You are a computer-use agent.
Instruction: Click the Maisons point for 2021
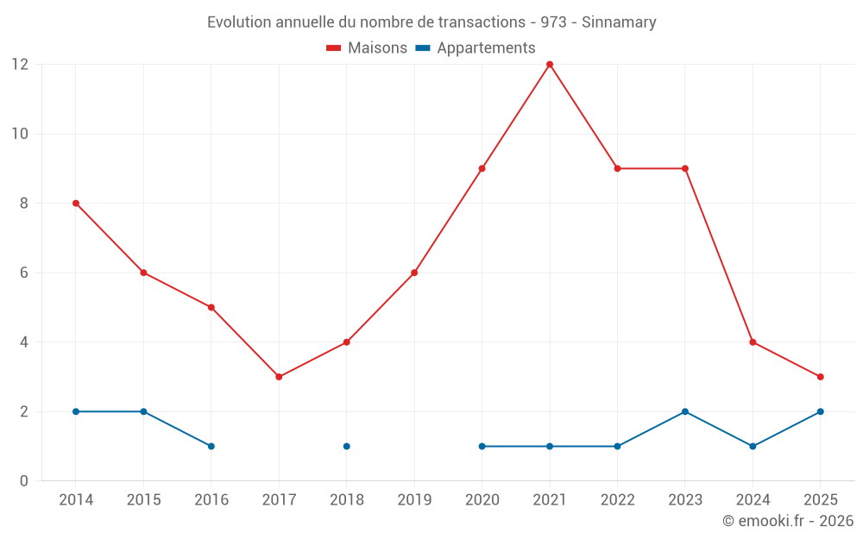(550, 65)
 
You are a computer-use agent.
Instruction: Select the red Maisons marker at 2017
(279, 377)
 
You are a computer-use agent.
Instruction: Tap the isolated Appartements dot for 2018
(346, 446)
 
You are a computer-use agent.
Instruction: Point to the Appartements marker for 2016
(211, 446)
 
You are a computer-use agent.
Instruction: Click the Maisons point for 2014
(76, 204)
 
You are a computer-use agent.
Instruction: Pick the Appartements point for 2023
(685, 411)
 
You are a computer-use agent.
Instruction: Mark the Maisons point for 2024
(753, 342)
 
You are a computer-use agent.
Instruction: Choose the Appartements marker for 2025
(820, 411)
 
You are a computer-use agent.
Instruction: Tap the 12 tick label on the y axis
(20, 65)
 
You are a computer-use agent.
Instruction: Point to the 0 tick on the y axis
(24, 481)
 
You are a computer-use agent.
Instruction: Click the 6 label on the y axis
(24, 273)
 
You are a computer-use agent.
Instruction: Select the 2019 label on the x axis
(414, 500)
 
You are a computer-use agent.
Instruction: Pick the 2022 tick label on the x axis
(617, 500)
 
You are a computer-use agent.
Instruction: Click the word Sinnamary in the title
(619, 22)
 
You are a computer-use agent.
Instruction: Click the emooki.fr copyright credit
(788, 521)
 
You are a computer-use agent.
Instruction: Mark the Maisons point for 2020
(482, 168)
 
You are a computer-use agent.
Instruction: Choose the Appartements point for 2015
(143, 411)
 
